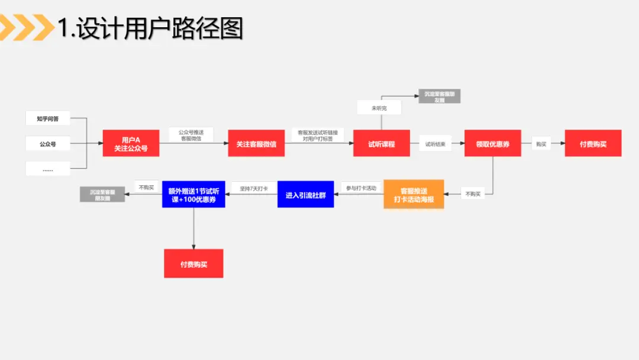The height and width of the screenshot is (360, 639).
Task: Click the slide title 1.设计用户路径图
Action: tap(150, 28)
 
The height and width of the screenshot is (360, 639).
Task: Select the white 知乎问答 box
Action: tap(48, 118)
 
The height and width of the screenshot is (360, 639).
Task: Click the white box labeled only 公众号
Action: tap(48, 143)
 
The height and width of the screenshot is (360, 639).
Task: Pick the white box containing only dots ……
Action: tap(48, 169)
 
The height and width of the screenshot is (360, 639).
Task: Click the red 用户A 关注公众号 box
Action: tap(131, 143)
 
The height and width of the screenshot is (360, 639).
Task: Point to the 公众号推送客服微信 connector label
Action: tap(191, 134)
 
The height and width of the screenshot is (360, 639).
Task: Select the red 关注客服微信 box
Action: tap(256, 143)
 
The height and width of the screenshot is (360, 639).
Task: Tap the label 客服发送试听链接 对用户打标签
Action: tap(318, 135)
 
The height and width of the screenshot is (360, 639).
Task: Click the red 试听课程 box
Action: tap(381, 143)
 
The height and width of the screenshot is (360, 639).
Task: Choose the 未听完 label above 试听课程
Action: tap(379, 108)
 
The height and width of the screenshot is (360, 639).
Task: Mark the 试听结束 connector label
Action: tap(435, 144)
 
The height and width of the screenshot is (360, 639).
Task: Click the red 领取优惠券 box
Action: tap(492, 143)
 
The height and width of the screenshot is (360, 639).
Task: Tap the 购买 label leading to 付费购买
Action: tap(541, 144)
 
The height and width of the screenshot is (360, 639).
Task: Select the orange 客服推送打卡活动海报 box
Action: tap(414, 194)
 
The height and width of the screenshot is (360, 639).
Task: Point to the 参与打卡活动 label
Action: tap(362, 188)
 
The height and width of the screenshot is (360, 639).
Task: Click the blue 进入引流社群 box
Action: tap(305, 194)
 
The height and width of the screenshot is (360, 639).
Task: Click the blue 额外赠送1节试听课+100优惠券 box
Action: tap(193, 194)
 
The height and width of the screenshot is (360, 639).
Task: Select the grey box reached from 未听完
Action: tap(439, 97)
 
